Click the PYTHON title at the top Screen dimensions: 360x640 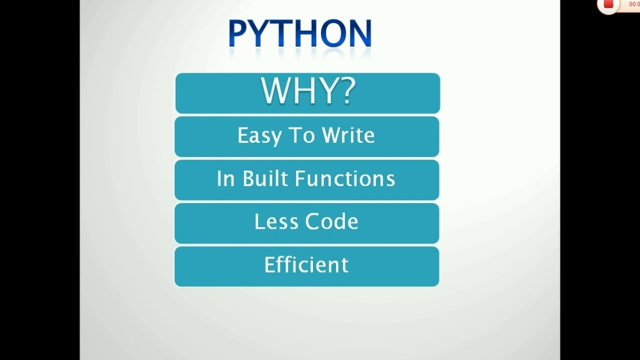click(x=299, y=33)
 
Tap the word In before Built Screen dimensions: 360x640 click(x=225, y=179)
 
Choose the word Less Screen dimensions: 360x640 click(x=275, y=222)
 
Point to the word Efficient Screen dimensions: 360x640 click(x=306, y=265)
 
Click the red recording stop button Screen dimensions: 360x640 click(x=608, y=4)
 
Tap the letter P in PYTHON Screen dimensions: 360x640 click(x=235, y=34)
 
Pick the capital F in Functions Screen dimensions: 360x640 click(x=313, y=179)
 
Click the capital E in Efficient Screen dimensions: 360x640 click(x=269, y=265)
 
